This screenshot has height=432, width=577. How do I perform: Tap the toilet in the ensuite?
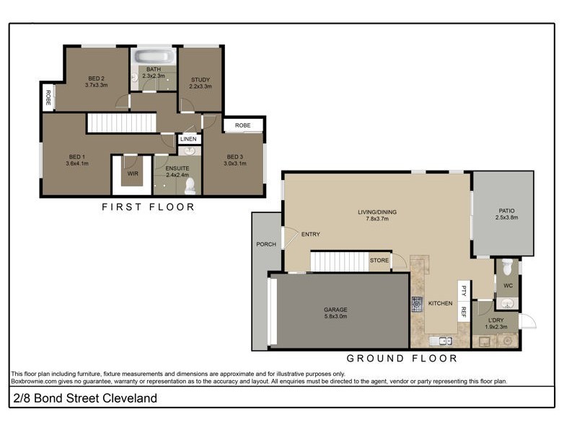(x=190, y=186)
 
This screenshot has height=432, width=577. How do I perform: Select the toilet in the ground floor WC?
(x=508, y=267)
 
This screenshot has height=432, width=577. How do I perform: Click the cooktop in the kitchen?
(x=417, y=303)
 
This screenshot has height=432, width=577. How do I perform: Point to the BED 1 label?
(x=76, y=157)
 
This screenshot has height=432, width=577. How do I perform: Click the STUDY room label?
(x=200, y=79)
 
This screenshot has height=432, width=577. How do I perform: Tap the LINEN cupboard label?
(x=188, y=139)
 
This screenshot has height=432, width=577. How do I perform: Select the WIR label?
(x=133, y=174)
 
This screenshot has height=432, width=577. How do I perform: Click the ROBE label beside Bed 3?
(x=243, y=125)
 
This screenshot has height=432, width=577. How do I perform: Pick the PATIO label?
(x=506, y=212)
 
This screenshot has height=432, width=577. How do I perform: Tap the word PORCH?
(x=266, y=244)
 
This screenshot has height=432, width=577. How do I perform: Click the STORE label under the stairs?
(x=379, y=260)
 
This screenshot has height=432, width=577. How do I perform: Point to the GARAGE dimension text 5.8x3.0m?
(x=335, y=316)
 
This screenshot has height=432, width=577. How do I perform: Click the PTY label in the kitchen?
(x=464, y=291)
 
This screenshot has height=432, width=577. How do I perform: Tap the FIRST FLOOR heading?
(x=148, y=207)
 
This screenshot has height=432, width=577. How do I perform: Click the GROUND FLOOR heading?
(x=402, y=358)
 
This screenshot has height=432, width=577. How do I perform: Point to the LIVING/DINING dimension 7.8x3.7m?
(x=377, y=220)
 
